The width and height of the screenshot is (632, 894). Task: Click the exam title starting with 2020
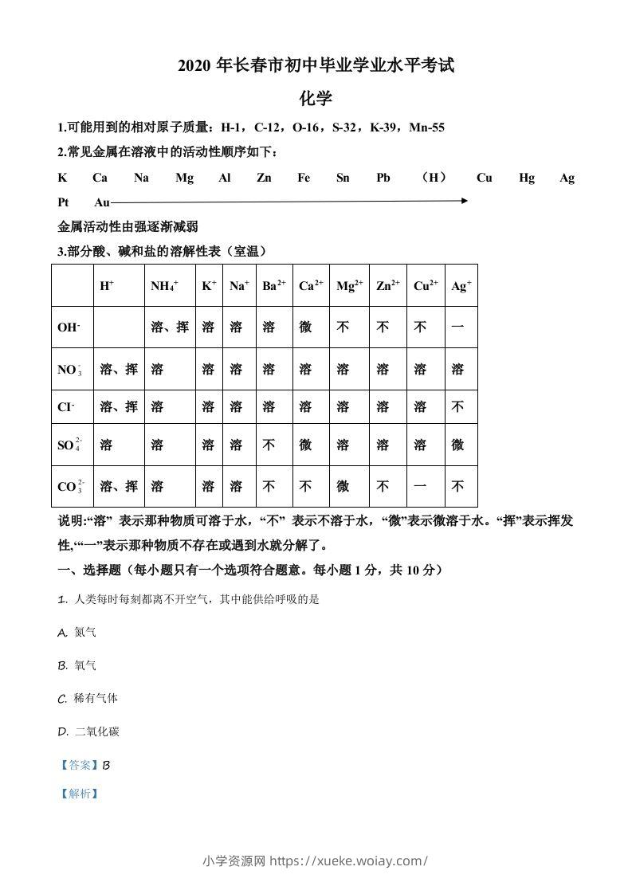click(316, 67)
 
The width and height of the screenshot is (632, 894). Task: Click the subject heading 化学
click(316, 99)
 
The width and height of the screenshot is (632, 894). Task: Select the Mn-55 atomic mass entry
click(426, 127)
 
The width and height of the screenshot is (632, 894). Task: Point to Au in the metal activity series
click(102, 202)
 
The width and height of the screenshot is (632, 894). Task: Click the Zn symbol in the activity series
click(264, 178)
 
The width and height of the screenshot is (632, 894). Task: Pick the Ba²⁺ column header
click(273, 285)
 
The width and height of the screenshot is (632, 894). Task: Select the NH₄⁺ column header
click(164, 285)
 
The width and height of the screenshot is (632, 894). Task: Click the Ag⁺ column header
click(461, 285)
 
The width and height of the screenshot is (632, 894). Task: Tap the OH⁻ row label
click(69, 327)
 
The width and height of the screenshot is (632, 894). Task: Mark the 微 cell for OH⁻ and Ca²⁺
click(305, 327)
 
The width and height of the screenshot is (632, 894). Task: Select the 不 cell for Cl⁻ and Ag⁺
click(457, 407)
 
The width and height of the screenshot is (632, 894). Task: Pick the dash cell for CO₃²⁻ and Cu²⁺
click(420, 487)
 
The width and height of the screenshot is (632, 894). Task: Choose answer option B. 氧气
click(77, 665)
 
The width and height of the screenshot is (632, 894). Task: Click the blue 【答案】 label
click(79, 765)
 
